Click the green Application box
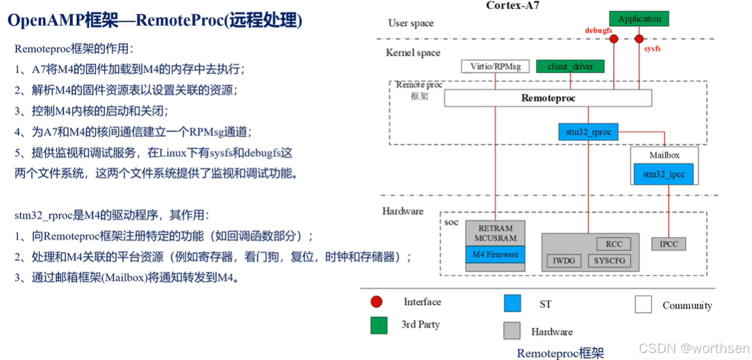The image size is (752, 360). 639,19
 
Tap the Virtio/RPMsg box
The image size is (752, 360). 495,67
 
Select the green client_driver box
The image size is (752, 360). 569,67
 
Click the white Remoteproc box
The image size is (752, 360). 548,99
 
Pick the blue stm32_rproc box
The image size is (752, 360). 587,132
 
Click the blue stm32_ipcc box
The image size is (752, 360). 663,174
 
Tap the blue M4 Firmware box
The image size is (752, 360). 495,255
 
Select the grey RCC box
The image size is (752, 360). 614,244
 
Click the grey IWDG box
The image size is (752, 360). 564,261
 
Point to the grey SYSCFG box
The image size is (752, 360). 610,261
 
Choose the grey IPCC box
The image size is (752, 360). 669,244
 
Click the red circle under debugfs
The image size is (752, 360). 614,39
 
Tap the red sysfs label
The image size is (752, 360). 653,50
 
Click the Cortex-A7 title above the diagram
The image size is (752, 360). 513,6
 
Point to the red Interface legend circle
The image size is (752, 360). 377,302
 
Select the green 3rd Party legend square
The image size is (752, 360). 379,325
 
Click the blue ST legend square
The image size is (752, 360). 512,304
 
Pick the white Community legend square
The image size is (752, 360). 643,304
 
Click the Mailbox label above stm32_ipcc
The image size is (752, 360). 664,155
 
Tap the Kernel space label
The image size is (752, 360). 413,53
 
